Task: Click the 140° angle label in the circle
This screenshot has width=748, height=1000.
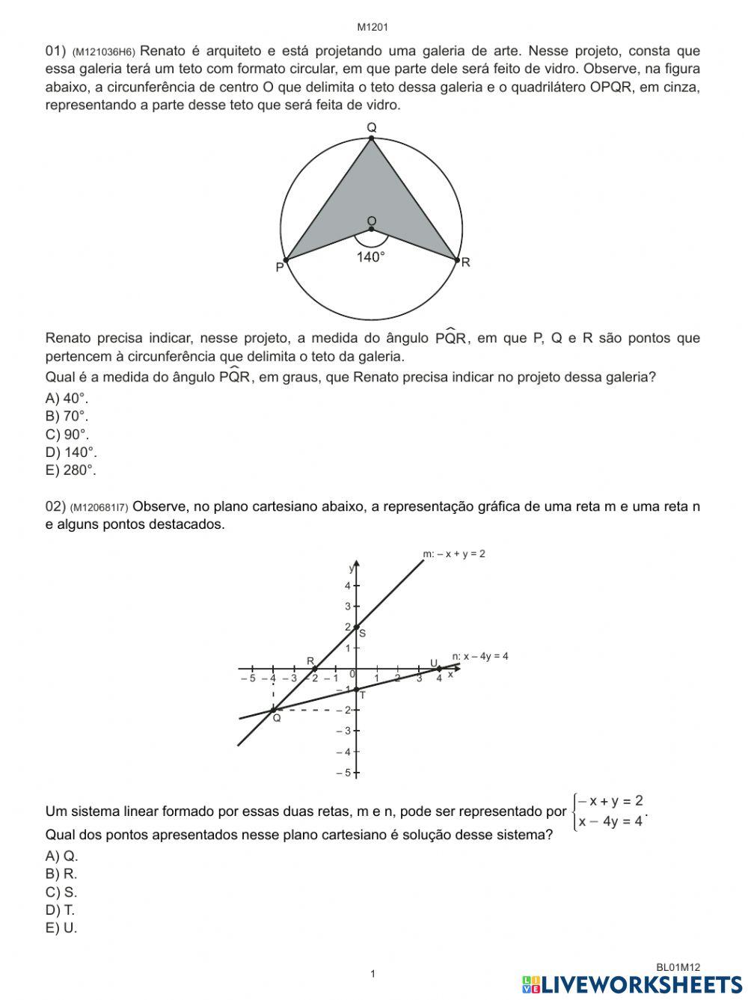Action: pos(371,257)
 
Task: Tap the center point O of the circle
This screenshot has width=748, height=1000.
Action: pos(371,228)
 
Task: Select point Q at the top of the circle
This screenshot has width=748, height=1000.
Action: pos(371,138)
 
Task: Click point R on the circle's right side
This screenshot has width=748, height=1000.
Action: pos(457,260)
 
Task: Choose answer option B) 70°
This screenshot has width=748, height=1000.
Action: pos(67,417)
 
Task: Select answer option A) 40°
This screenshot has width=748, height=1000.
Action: pos(67,399)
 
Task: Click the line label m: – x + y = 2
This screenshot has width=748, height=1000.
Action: pos(454,554)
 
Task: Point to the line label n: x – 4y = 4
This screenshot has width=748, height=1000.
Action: pos(480,656)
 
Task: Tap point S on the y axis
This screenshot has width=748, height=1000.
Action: pos(357,627)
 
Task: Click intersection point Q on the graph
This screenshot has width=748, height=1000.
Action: pos(273,710)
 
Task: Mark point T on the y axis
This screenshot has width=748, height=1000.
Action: pos(357,689)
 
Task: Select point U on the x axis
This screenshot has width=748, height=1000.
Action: pos(440,668)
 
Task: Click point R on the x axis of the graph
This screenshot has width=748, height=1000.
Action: pos(314,668)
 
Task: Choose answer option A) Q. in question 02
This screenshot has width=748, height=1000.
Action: pos(61,856)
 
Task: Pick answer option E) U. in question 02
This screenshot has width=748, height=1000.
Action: pos(61,928)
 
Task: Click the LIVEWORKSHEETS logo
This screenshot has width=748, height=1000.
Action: pos(632,984)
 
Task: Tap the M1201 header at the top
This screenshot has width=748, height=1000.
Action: pos(372,28)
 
